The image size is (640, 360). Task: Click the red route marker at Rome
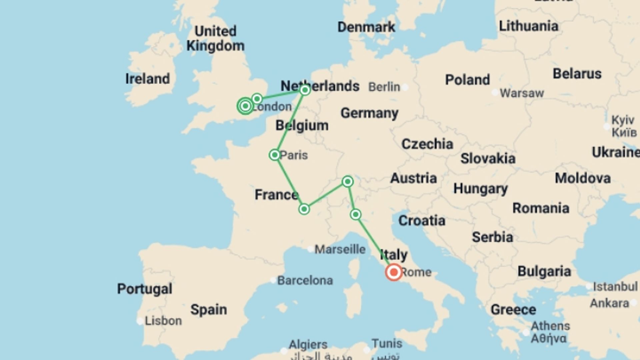pos(394,272)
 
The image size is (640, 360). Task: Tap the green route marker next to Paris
pos(275,155)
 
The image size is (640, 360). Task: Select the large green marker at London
pos(246,106)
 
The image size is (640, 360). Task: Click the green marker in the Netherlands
pos(305,90)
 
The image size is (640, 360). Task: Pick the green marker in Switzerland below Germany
pos(348,182)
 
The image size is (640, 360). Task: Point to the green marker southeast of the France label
pos(304,209)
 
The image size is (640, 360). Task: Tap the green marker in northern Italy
pos(356,214)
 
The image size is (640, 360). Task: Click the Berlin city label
pos(384,87)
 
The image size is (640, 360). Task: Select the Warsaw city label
pos(522,93)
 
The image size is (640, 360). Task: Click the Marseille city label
pos(340,249)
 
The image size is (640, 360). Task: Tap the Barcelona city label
pos(305,281)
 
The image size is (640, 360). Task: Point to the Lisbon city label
pos(163,321)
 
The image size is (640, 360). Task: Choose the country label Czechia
pos(427,144)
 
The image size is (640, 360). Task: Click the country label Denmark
pos(366,27)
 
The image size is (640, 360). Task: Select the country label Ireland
pos(147,79)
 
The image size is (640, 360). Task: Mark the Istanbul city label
pos(615,286)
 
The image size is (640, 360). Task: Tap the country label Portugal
pos(145,289)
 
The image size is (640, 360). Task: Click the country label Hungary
pos(480,189)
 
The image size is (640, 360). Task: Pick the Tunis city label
pos(387,343)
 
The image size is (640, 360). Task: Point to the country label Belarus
pos(577,74)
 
